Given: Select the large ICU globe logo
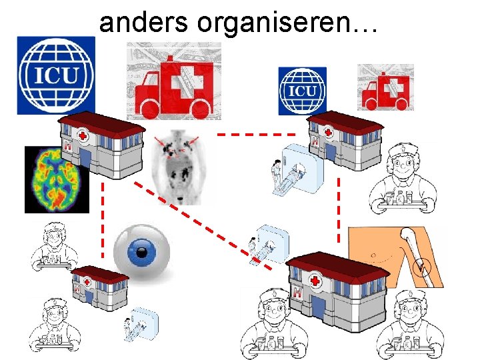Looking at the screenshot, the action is pyautogui.click(x=57, y=75).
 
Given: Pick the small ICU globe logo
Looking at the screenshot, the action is pyautogui.click(x=302, y=91).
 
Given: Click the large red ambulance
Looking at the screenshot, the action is pyautogui.click(x=173, y=84).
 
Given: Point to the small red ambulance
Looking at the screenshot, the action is pyautogui.click(x=386, y=88).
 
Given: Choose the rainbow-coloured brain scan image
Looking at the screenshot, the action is pyautogui.click(x=57, y=179).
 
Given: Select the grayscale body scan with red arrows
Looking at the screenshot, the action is pyautogui.click(x=179, y=166).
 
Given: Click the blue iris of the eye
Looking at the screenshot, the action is pyautogui.click(x=141, y=252).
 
